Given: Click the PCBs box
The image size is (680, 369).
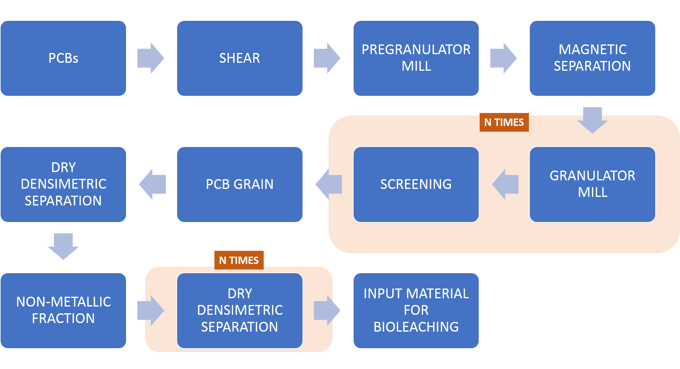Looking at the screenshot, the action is [63, 58].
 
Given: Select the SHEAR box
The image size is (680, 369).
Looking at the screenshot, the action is [240, 58].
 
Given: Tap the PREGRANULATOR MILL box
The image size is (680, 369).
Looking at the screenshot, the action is [416, 58].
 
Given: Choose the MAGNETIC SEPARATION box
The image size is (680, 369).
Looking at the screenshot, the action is [593, 58].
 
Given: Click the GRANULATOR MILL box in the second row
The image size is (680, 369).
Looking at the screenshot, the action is [593, 184].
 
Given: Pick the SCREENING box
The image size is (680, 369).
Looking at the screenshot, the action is [416, 184].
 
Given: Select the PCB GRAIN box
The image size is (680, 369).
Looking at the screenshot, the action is [240, 184].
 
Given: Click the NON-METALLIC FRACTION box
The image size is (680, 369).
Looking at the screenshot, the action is [63, 311].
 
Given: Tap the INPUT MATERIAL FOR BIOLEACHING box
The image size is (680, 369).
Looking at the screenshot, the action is [416, 311].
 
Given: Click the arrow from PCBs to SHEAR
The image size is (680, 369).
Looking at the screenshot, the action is [151, 58].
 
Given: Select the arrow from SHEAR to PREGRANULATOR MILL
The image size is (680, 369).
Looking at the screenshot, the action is [327, 58].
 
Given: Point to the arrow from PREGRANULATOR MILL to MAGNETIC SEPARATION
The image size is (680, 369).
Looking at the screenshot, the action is [503, 58].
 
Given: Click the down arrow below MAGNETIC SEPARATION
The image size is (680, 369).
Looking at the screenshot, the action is [593, 120].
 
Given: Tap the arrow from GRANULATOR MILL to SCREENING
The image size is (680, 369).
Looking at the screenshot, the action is [505, 184].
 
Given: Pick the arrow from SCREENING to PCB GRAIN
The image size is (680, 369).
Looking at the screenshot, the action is [329, 184].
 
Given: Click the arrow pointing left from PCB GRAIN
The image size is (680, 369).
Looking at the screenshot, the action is [152, 184].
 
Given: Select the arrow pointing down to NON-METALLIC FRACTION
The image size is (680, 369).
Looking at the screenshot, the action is [63, 247].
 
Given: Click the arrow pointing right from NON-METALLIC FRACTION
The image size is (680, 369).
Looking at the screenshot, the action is [151, 311].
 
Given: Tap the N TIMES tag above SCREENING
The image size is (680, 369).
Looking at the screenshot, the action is [504, 122].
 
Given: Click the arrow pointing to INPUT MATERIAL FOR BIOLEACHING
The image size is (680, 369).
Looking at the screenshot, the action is [327, 311].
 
